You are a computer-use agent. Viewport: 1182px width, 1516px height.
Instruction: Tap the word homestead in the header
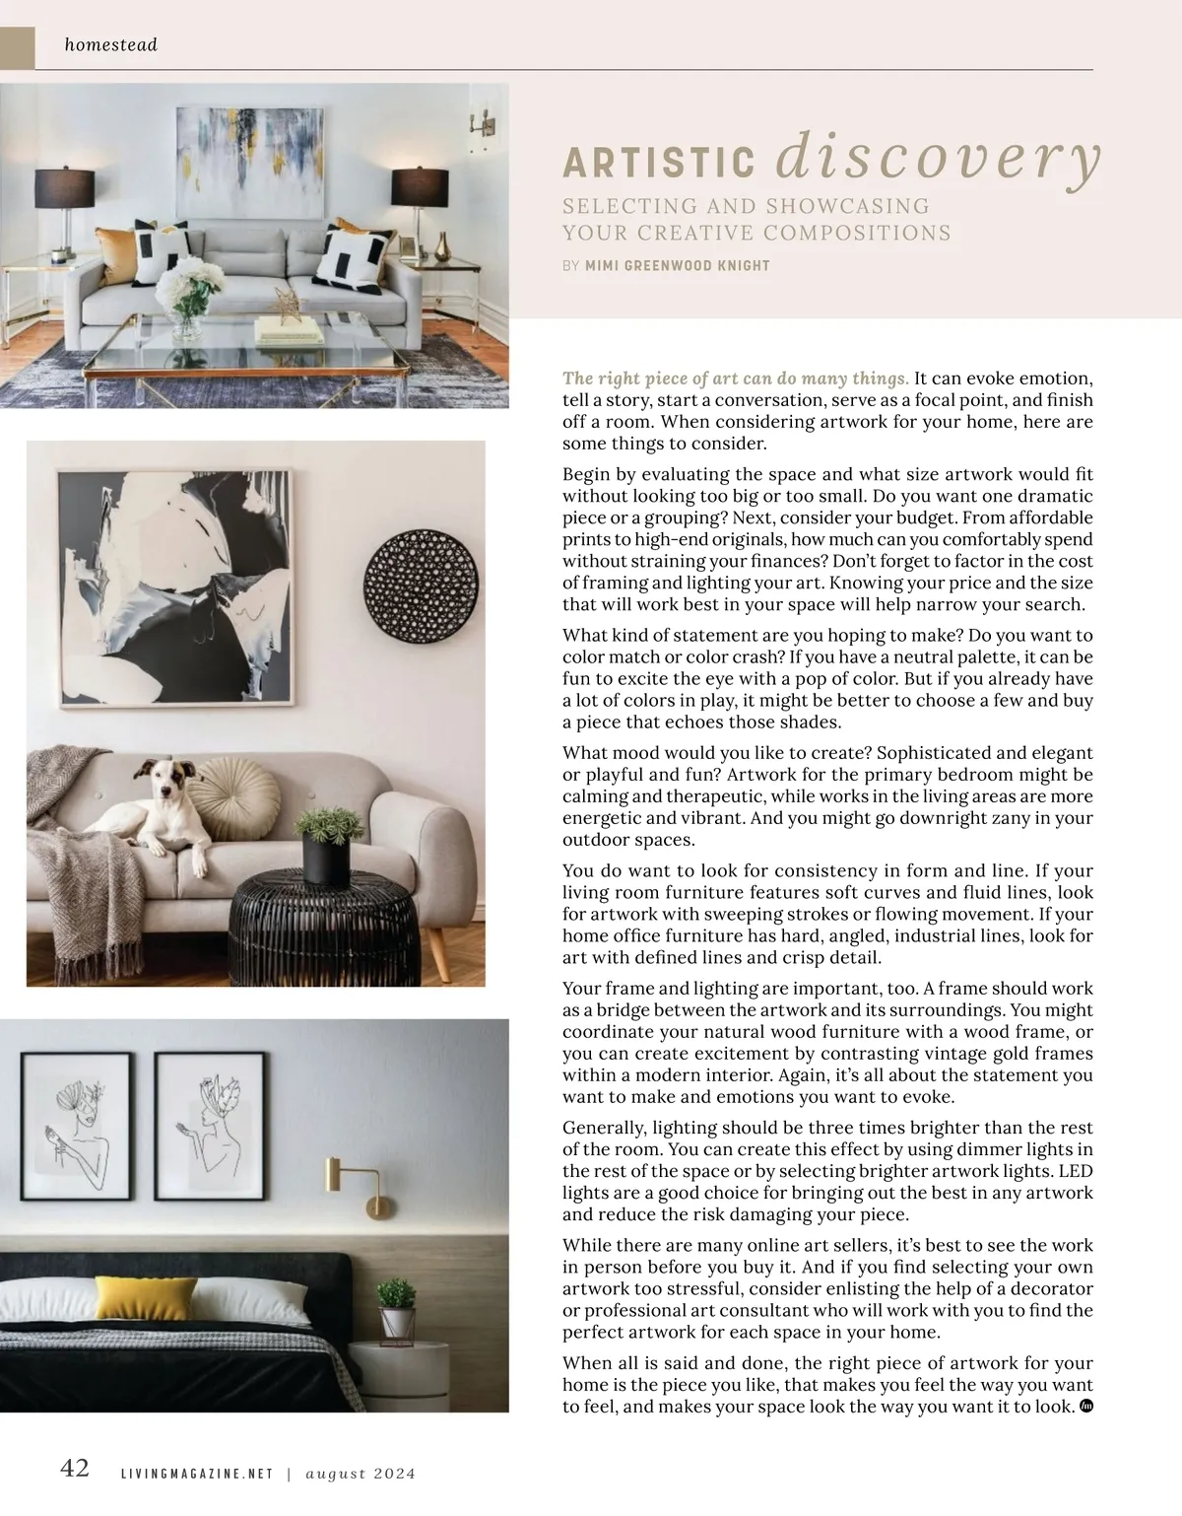tap(110, 44)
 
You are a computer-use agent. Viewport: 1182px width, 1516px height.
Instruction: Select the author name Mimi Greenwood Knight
tap(678, 265)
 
